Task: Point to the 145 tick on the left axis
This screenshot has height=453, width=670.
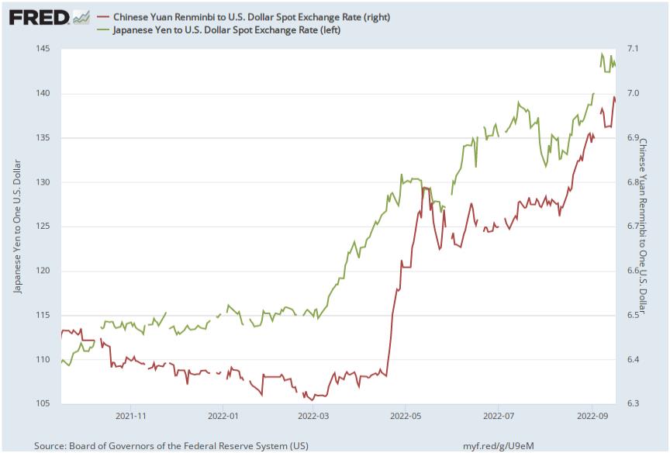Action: pos(42,49)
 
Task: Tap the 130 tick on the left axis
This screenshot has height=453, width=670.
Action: pos(42,182)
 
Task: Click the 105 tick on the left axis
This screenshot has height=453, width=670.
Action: pos(42,404)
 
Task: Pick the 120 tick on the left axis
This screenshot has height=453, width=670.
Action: pos(42,271)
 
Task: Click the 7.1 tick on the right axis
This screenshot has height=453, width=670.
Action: pos(632,49)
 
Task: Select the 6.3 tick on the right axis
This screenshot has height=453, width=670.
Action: pos(632,404)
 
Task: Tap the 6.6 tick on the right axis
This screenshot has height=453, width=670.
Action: pos(632,271)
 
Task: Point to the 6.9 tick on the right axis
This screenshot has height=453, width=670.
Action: pos(632,138)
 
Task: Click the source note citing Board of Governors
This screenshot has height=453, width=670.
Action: pos(171,445)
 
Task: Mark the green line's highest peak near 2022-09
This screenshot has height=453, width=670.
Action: pos(602,54)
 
